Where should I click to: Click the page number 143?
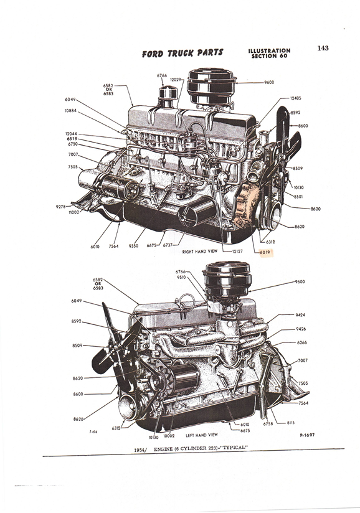[x=323, y=48]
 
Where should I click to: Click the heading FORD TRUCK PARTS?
[x=182, y=53]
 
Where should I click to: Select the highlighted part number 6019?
[x=266, y=252]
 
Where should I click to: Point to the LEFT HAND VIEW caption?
[x=202, y=435]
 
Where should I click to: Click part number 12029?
[x=176, y=80]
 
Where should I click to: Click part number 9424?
[x=301, y=315]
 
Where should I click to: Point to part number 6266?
[x=301, y=342]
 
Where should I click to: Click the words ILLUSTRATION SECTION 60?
[x=269, y=54]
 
